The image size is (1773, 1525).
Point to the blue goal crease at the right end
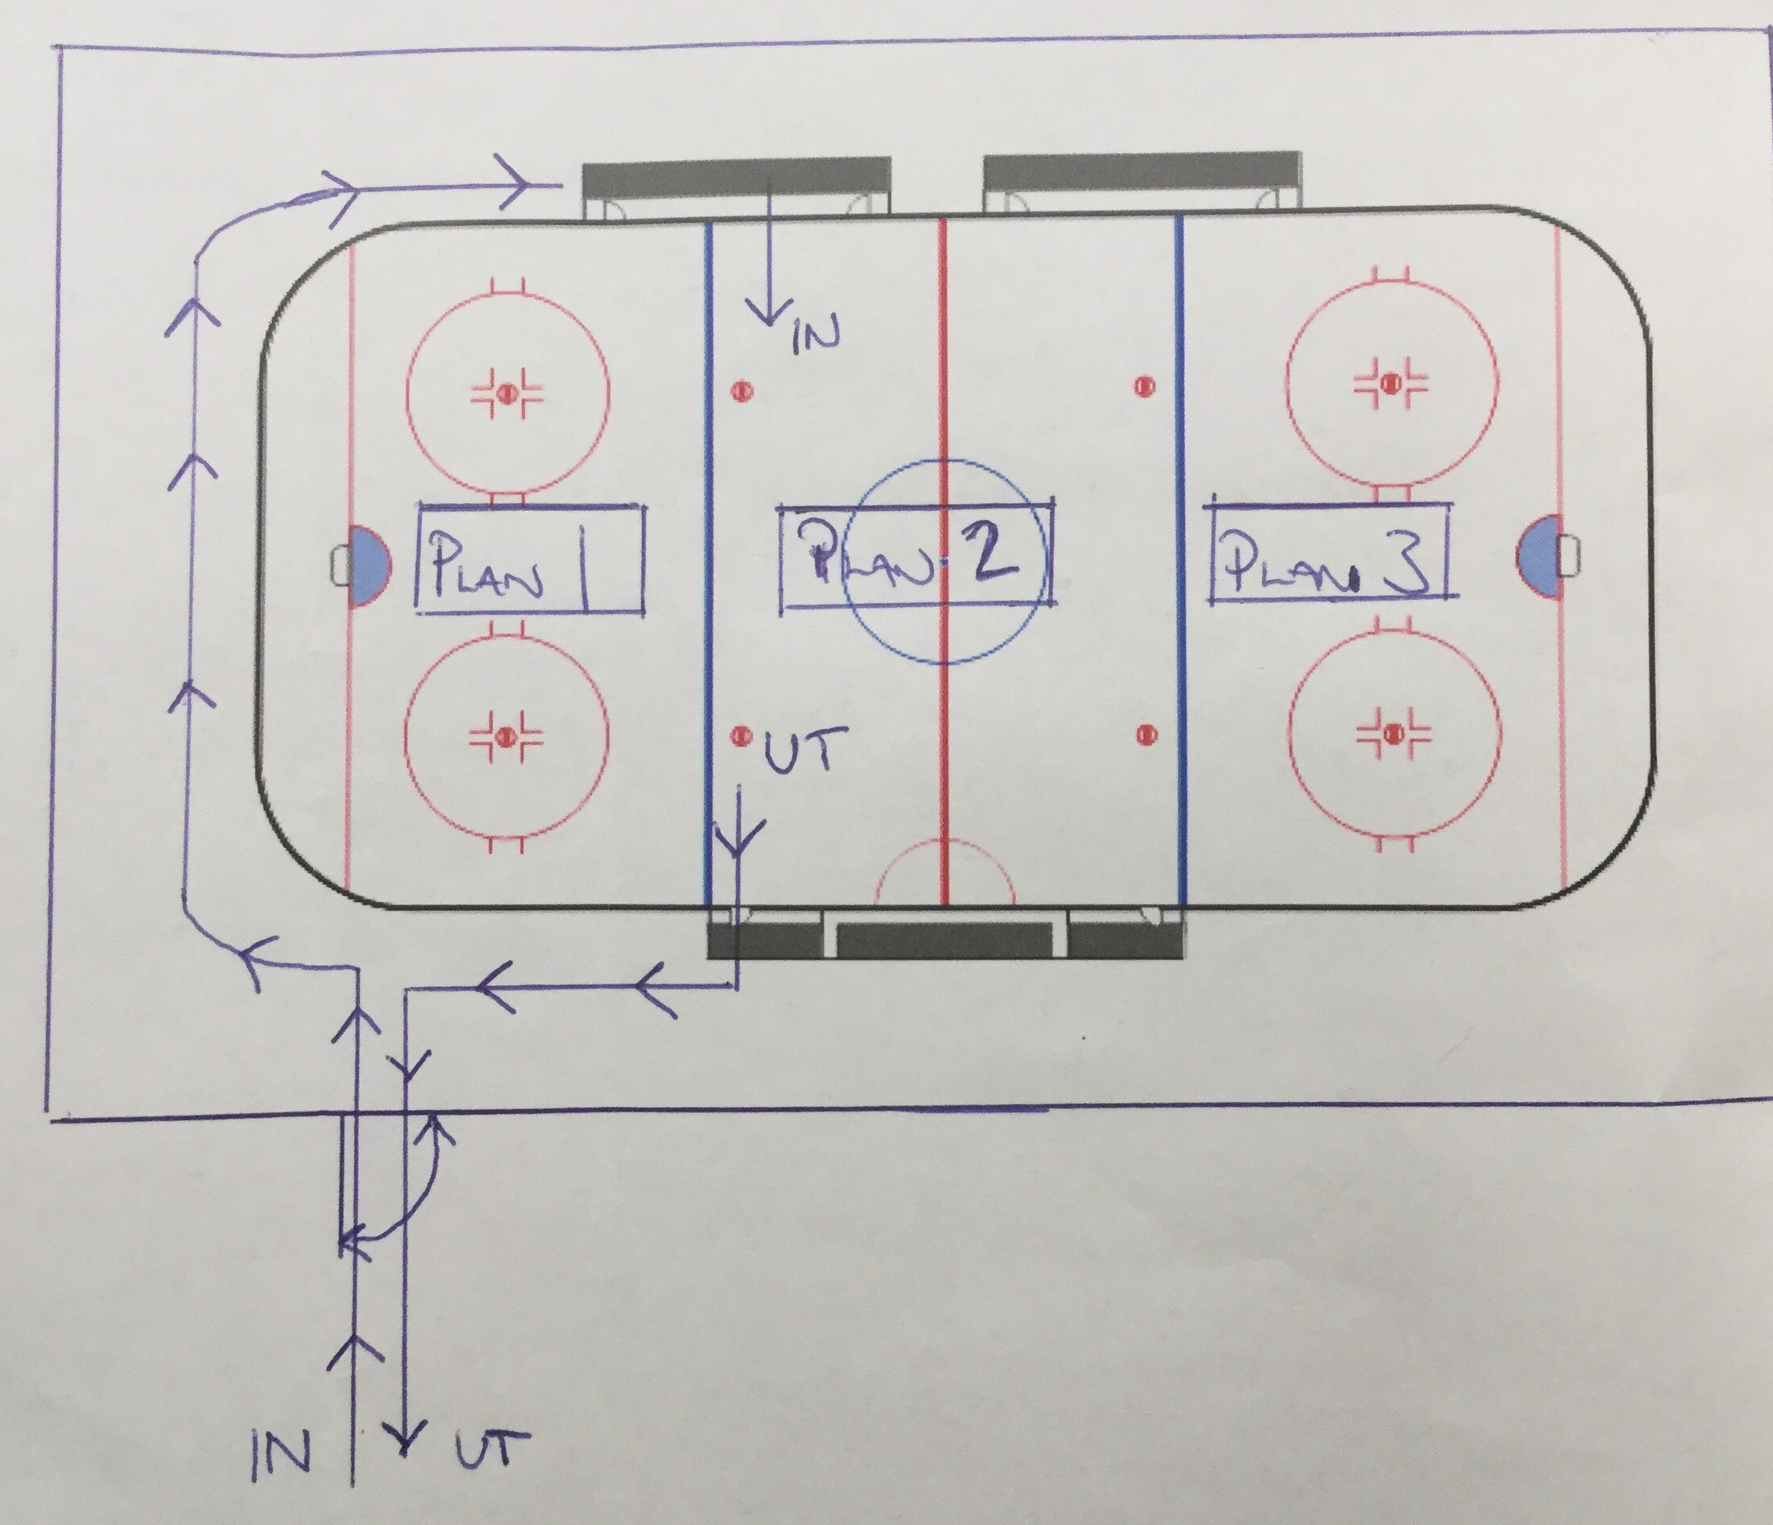(x=1538, y=554)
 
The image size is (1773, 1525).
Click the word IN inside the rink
(x=816, y=336)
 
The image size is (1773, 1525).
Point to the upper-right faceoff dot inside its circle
(x=1392, y=381)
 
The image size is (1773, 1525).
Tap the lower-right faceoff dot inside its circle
(x=1394, y=734)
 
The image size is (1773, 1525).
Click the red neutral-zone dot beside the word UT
(x=741, y=734)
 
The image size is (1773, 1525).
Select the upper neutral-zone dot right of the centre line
(x=1144, y=388)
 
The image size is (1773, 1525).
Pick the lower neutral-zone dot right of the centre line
(x=1146, y=734)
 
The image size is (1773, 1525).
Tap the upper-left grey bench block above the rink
(x=736, y=180)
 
